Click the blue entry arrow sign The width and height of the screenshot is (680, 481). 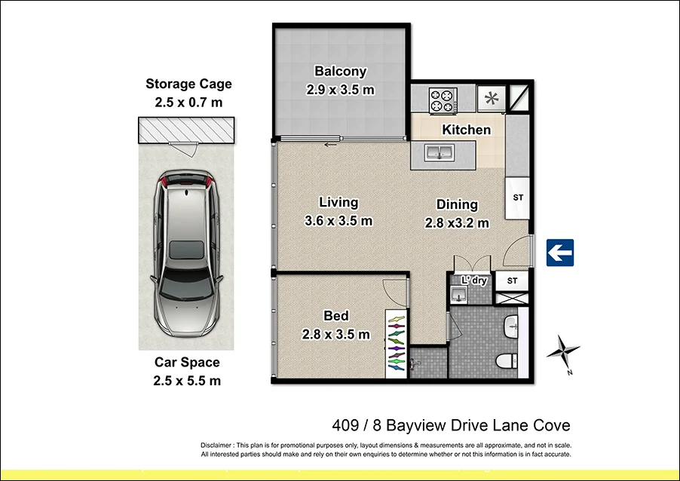click(559, 252)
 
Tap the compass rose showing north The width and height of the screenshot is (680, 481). click(564, 351)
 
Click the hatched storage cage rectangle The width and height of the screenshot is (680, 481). click(185, 130)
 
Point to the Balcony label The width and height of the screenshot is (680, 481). click(341, 72)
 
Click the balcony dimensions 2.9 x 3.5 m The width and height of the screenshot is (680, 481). click(341, 90)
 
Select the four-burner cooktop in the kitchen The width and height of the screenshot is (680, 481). click(443, 100)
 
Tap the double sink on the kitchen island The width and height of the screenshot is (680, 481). click(438, 154)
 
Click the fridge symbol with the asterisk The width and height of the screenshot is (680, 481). click(491, 98)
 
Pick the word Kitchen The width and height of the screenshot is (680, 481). click(466, 130)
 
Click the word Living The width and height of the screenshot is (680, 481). click(338, 202)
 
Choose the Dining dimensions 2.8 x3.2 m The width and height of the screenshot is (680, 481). click(457, 222)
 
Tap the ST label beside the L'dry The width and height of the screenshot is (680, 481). click(513, 281)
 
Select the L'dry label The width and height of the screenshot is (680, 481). click(473, 280)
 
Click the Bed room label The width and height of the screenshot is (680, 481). click(336, 316)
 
